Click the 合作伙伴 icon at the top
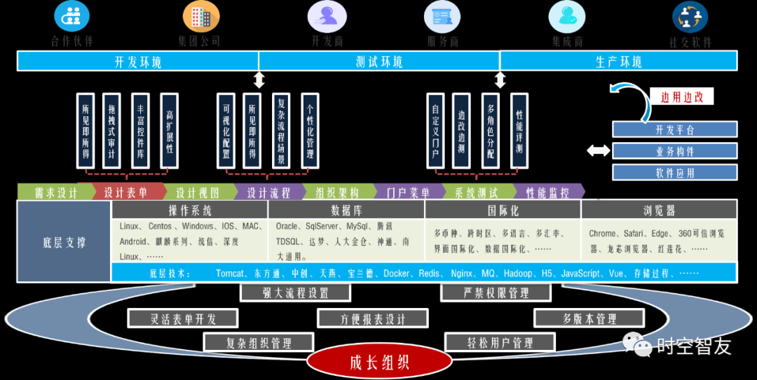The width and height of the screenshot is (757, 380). coord(71,15)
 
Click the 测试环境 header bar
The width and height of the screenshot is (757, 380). coord(379,62)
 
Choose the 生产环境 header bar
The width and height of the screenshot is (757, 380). coord(618,62)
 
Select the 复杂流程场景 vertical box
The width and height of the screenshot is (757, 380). coord(281,131)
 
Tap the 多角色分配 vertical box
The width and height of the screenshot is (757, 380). coord(491,131)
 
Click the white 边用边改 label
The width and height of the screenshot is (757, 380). coord(682,97)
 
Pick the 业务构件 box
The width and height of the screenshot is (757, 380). coord(675,151)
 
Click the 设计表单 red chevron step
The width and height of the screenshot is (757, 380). coord(125,192)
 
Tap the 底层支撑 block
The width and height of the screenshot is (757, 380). coord(64,242)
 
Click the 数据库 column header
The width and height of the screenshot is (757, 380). coord(346,210)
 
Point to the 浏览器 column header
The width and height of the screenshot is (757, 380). coord(659,210)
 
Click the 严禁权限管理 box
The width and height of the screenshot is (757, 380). coord(496,293)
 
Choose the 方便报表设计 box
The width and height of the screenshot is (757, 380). coord(373,318)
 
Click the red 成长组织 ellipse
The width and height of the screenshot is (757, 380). coord(379,362)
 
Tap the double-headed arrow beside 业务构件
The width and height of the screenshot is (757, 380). coord(598,150)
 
